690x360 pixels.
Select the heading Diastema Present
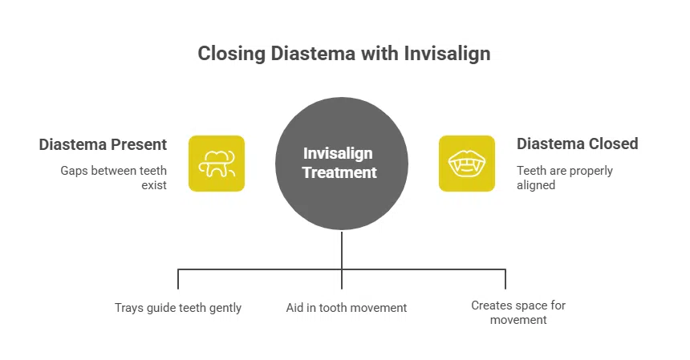(103, 145)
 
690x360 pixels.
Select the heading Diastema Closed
(577, 144)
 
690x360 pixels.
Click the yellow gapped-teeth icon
(217, 164)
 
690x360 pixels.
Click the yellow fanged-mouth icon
(466, 164)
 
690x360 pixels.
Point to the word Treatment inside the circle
(340, 172)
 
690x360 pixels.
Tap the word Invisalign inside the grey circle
(338, 153)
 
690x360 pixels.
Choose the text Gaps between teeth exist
(114, 178)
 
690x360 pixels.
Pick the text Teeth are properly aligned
(564, 178)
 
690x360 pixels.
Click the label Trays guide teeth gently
(178, 308)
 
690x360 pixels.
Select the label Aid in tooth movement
(347, 308)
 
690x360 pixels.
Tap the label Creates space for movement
(518, 313)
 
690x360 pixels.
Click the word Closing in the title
(227, 55)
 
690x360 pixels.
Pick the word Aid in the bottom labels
(295, 308)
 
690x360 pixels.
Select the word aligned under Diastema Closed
(535, 185)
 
